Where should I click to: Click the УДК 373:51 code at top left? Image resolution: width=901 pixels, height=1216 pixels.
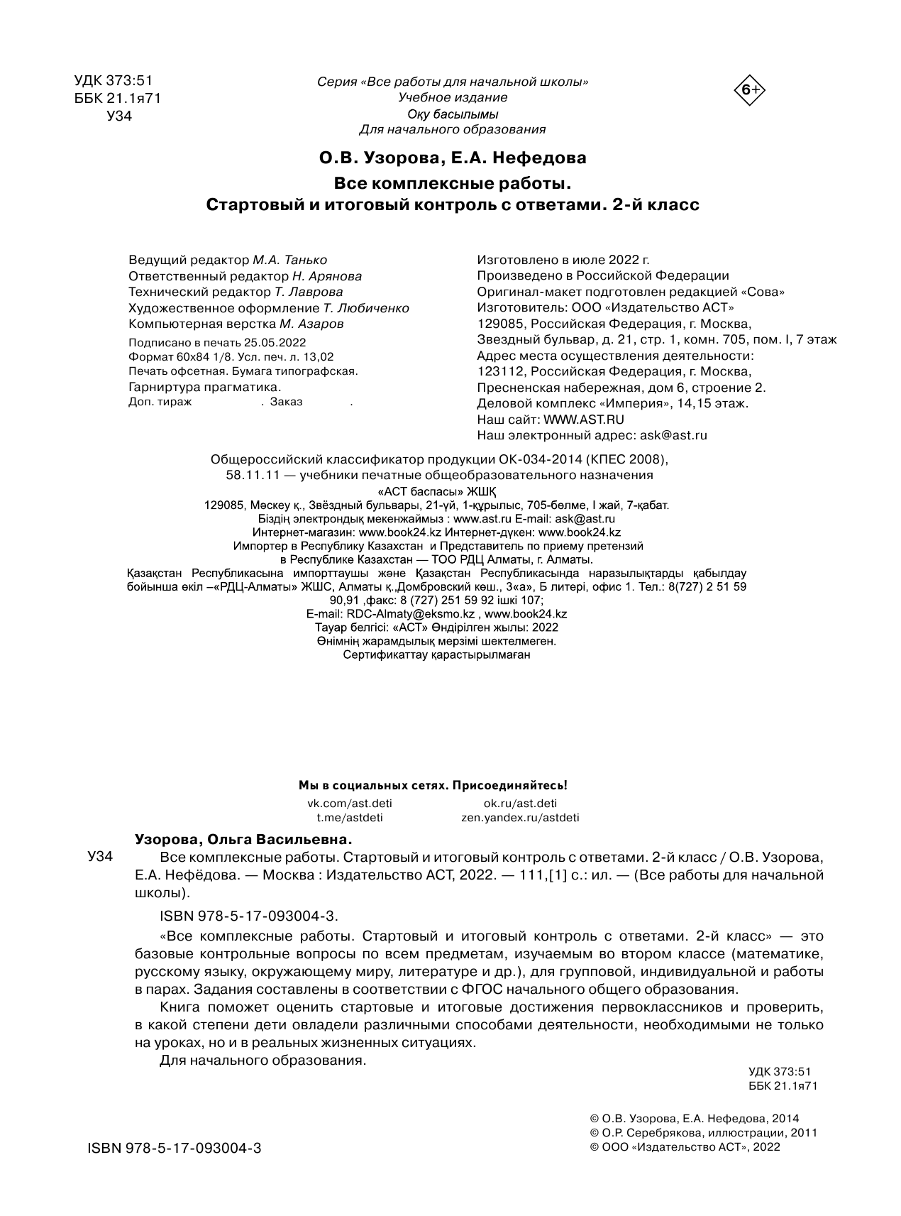(x=114, y=80)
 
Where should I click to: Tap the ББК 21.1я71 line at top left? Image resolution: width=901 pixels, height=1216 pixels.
(x=118, y=99)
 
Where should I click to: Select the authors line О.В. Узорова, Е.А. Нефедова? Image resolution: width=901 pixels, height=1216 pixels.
(x=452, y=158)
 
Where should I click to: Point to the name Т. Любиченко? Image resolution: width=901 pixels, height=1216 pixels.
(x=366, y=308)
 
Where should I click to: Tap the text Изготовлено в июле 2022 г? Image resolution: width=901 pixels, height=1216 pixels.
(x=563, y=260)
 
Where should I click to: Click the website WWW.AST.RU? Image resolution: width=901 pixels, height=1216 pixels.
(x=583, y=420)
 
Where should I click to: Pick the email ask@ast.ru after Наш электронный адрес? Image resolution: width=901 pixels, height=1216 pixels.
(x=673, y=436)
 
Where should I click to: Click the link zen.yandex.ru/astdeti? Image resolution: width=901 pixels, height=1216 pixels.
(x=519, y=818)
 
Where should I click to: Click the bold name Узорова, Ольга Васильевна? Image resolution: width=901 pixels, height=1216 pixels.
(x=243, y=839)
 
